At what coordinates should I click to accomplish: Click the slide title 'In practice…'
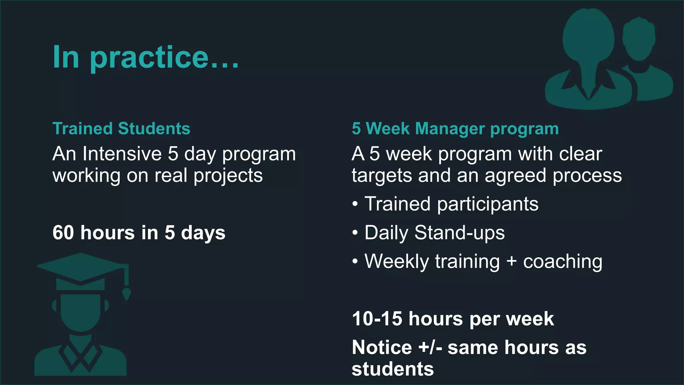click(146, 57)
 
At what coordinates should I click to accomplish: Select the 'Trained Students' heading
click(121, 129)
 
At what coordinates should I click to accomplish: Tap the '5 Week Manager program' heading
click(455, 129)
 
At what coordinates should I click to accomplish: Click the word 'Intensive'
click(122, 154)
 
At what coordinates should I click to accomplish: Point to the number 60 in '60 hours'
click(63, 233)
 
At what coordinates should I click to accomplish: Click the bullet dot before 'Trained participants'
click(355, 204)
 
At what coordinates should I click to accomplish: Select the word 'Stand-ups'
click(459, 233)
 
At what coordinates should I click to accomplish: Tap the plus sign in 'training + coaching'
click(511, 261)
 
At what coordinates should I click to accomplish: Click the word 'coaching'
click(562, 261)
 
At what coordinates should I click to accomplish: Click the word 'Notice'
click(382, 347)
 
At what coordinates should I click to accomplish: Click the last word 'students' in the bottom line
click(392, 369)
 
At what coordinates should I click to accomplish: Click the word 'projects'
click(228, 176)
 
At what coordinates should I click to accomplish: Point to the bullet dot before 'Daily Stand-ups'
click(355, 233)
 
